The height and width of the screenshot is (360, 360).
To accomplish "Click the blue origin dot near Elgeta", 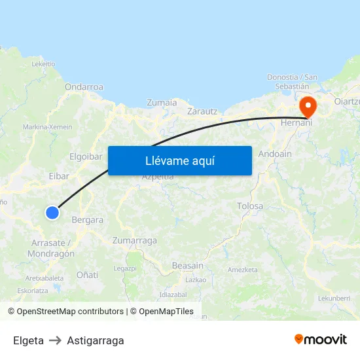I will point(52,212).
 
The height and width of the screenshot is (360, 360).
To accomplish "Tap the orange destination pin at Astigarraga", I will point(307,107).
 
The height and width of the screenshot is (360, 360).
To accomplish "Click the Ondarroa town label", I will point(84,86).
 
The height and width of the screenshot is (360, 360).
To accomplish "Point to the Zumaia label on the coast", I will point(162,102).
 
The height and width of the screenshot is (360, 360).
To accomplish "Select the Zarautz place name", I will point(202,111).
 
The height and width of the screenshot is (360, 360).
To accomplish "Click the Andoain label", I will point(275,154).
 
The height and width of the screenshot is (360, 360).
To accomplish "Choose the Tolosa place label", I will point(250,206).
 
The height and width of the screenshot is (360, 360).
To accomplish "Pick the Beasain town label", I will point(187,265).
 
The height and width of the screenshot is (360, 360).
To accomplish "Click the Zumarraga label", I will point(135,240).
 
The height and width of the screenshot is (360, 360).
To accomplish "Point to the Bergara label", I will point(88,220).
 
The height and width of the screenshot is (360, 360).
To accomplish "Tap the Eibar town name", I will point(59,175).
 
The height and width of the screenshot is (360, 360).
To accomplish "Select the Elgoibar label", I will point(86,156).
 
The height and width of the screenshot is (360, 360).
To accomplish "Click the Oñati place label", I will point(88,275).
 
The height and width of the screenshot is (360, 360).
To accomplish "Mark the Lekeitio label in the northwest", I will point(43,63).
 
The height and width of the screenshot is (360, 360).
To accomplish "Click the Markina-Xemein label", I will point(48,126).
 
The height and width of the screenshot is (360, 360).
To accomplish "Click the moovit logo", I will point(321,340).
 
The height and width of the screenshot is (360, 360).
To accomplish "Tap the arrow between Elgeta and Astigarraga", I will point(56,340).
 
